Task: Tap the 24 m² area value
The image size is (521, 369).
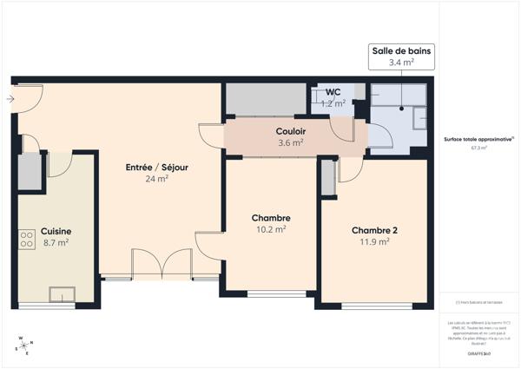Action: (156, 179)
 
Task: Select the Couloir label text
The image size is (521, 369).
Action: (290, 131)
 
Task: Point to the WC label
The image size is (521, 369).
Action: (333, 93)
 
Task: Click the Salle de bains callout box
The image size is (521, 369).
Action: (400, 56)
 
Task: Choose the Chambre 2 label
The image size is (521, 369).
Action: (374, 230)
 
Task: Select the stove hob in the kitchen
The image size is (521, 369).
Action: (26, 237)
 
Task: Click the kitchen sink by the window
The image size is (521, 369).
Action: (62, 293)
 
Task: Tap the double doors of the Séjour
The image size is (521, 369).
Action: (161, 264)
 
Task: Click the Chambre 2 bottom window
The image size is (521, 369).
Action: (375, 306)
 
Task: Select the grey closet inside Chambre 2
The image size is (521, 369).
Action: (327, 178)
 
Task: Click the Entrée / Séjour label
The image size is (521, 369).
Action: (157, 167)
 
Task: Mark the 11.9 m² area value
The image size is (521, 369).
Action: (374, 242)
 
